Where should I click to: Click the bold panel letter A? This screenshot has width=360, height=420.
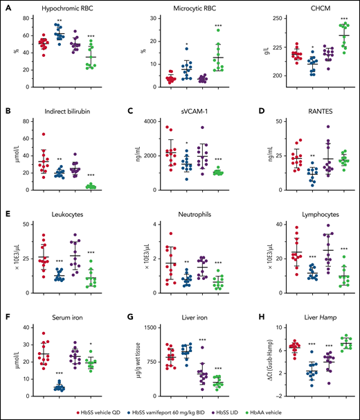(x=7, y=8)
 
